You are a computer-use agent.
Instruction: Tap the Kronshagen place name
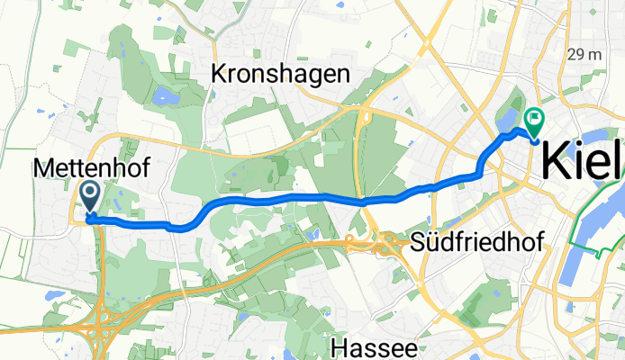pyautogui.click(x=279, y=75)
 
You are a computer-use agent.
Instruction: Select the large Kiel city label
pyautogui.click(x=582, y=162)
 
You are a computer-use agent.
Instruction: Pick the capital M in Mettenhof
pyautogui.click(x=41, y=167)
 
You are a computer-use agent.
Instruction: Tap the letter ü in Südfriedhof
pyautogui.click(x=431, y=242)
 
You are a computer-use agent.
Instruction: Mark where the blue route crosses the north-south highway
pyautogui.click(x=363, y=202)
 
